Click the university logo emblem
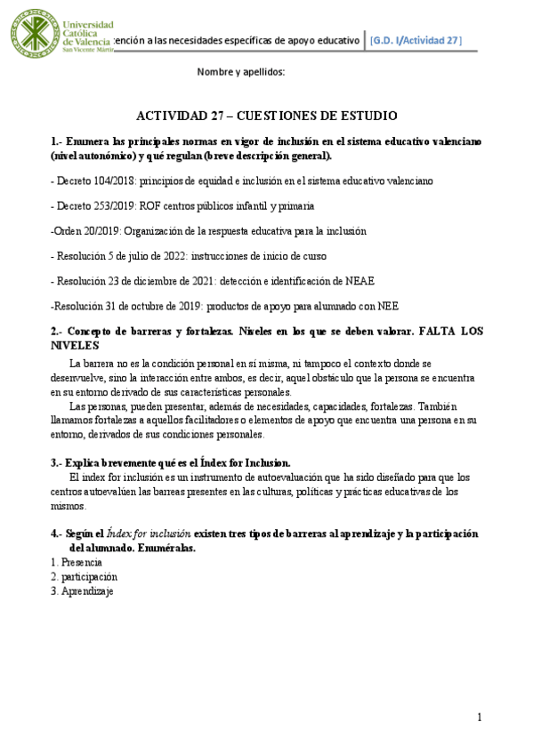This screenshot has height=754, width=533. (x=33, y=40)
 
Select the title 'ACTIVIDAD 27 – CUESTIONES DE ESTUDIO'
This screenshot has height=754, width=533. (x=266, y=116)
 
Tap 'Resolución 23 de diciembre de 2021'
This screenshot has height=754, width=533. (x=133, y=281)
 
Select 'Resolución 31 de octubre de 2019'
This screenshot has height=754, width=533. (x=130, y=306)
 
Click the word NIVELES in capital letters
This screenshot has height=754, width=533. (x=75, y=345)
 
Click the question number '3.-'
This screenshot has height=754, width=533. (x=59, y=462)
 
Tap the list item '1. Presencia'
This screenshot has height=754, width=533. (x=77, y=562)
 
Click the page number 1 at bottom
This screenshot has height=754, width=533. (x=479, y=718)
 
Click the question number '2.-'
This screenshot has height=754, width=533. (x=58, y=332)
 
